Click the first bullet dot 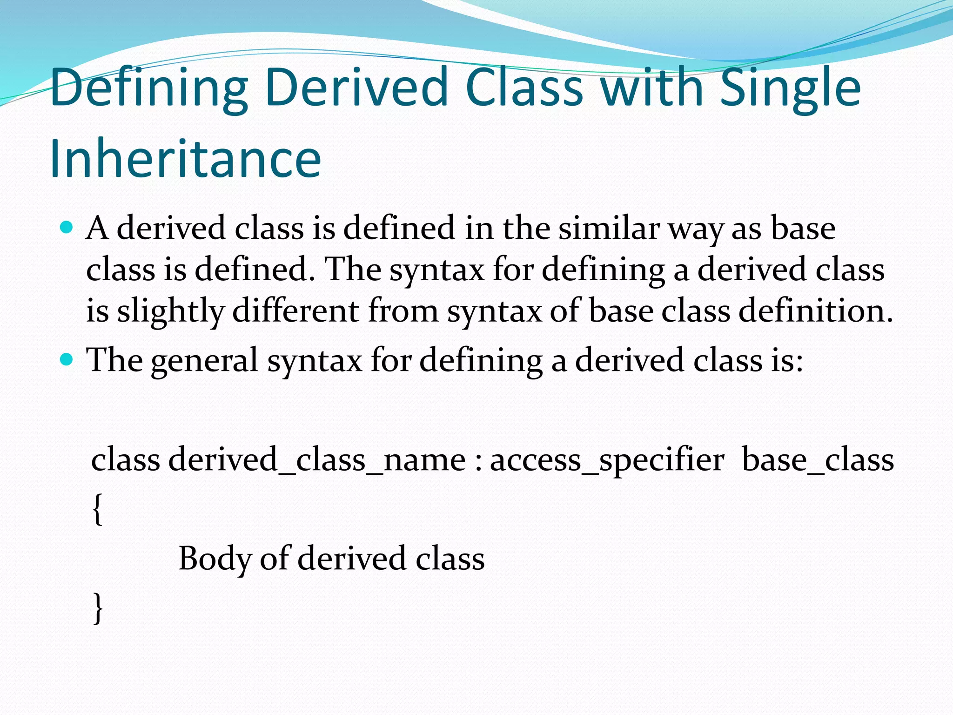click(x=67, y=228)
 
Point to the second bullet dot click(x=67, y=359)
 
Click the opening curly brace click(x=97, y=509)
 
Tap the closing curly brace click(x=97, y=607)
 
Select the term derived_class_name click(x=317, y=460)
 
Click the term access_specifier click(x=607, y=460)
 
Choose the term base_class click(x=818, y=460)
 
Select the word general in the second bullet click(x=204, y=361)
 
